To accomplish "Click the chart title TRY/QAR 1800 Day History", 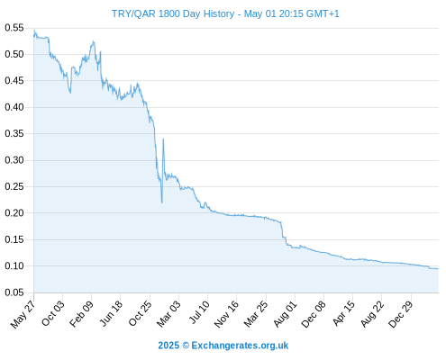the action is click(x=173, y=13).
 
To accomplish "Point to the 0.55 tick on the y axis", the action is click(x=14, y=28).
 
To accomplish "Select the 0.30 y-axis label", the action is click(x=14, y=160).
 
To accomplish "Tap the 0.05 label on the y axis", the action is click(x=14, y=292).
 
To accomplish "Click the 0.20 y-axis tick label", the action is click(x=14, y=213).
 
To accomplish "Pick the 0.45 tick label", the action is click(x=14, y=81).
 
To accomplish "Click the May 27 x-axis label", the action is click(x=23, y=314).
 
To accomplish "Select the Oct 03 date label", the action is click(x=53, y=313).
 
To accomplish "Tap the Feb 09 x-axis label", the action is click(x=81, y=314).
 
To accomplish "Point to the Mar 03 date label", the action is click(x=168, y=314).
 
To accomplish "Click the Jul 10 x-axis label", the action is click(x=199, y=312).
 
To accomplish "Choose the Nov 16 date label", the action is click(x=226, y=314).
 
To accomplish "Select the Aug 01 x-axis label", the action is click(x=286, y=314).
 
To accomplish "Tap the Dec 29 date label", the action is click(x=401, y=314).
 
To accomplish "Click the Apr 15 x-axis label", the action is click(x=344, y=313).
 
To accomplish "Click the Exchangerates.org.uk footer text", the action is click(x=240, y=346).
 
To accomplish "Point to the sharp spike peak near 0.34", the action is click(x=163, y=139).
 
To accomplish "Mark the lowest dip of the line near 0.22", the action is click(x=162, y=203).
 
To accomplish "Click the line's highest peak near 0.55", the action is click(x=34, y=30).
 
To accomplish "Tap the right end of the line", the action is click(x=438, y=269).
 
